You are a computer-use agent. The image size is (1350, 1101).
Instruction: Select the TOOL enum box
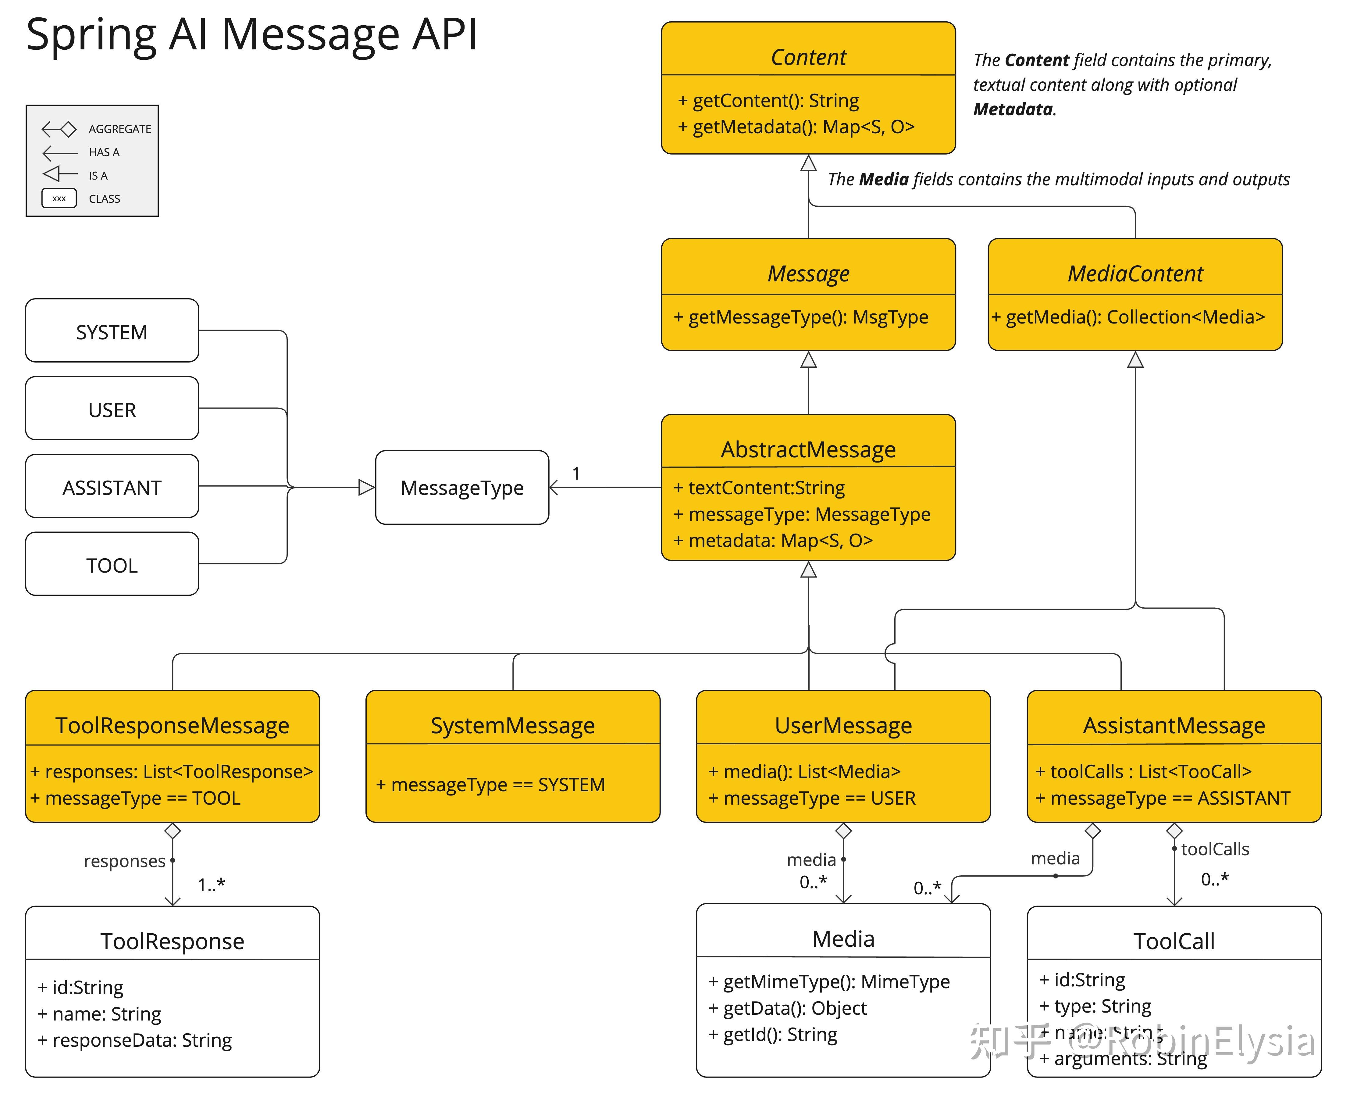112,564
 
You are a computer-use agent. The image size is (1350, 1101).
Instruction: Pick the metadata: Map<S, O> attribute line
774,540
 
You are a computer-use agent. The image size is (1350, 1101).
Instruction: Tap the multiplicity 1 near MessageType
576,473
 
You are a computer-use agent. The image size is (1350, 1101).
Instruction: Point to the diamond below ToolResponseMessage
173,831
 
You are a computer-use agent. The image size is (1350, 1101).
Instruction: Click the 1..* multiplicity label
211,884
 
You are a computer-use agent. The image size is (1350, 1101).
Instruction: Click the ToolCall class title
1174,941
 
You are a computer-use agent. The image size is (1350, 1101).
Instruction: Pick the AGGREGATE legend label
120,129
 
